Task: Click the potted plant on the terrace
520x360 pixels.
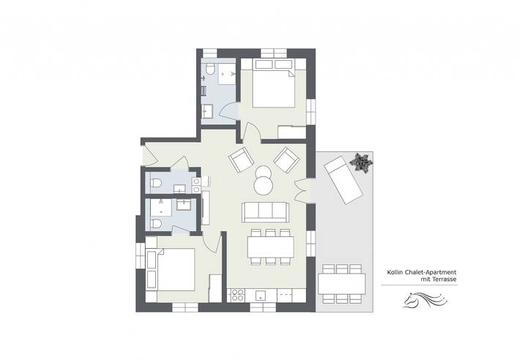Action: pyautogui.click(x=360, y=162)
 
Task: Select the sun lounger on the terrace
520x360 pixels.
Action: pyautogui.click(x=341, y=180)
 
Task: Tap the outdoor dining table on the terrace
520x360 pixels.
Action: pyautogui.click(x=342, y=282)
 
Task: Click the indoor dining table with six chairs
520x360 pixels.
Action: pyautogui.click(x=270, y=247)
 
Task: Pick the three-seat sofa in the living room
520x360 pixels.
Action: pyautogui.click(x=265, y=211)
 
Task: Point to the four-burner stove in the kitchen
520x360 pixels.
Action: pyautogui.click(x=237, y=296)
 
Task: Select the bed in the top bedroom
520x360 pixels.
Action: pyautogui.click(x=272, y=89)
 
